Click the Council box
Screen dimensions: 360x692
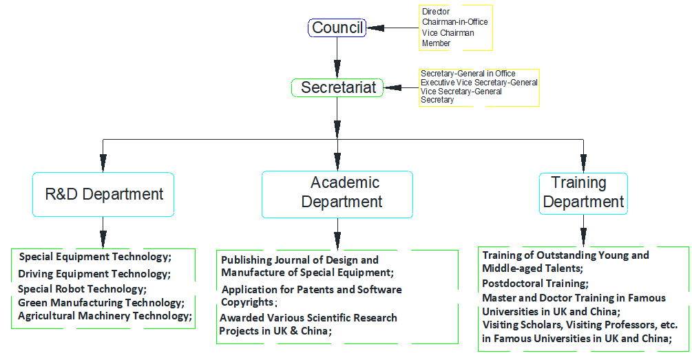(x=337, y=28)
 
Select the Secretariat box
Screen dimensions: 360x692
(x=337, y=87)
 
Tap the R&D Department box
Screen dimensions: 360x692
(x=104, y=194)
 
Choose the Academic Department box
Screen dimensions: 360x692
(x=337, y=193)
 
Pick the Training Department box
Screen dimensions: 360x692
(x=583, y=193)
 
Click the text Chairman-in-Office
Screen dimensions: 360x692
(x=454, y=22)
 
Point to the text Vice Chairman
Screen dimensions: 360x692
(x=448, y=32)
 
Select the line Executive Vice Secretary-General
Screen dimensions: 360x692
(x=479, y=83)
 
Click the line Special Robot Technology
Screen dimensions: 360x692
(x=82, y=288)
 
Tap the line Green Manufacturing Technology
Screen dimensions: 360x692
(x=101, y=302)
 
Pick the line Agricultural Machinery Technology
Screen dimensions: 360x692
(x=104, y=316)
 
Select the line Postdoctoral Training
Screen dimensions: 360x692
(x=535, y=283)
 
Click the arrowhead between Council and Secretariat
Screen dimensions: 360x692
(x=337, y=71)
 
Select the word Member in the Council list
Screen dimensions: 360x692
(x=436, y=43)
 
